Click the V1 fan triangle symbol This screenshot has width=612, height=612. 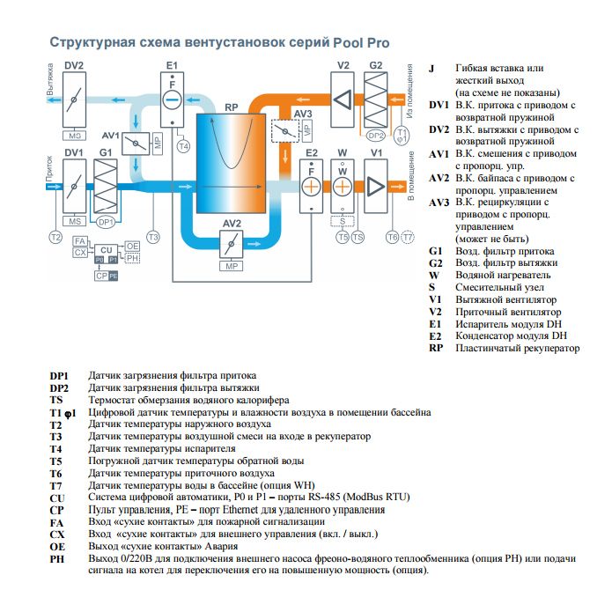376,187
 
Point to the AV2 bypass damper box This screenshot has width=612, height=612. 231,244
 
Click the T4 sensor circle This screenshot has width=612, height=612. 182,146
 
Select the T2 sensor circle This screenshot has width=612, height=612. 55,238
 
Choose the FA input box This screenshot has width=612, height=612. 80,241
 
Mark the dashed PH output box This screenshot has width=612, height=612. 132,257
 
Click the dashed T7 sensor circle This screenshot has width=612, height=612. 406,238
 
